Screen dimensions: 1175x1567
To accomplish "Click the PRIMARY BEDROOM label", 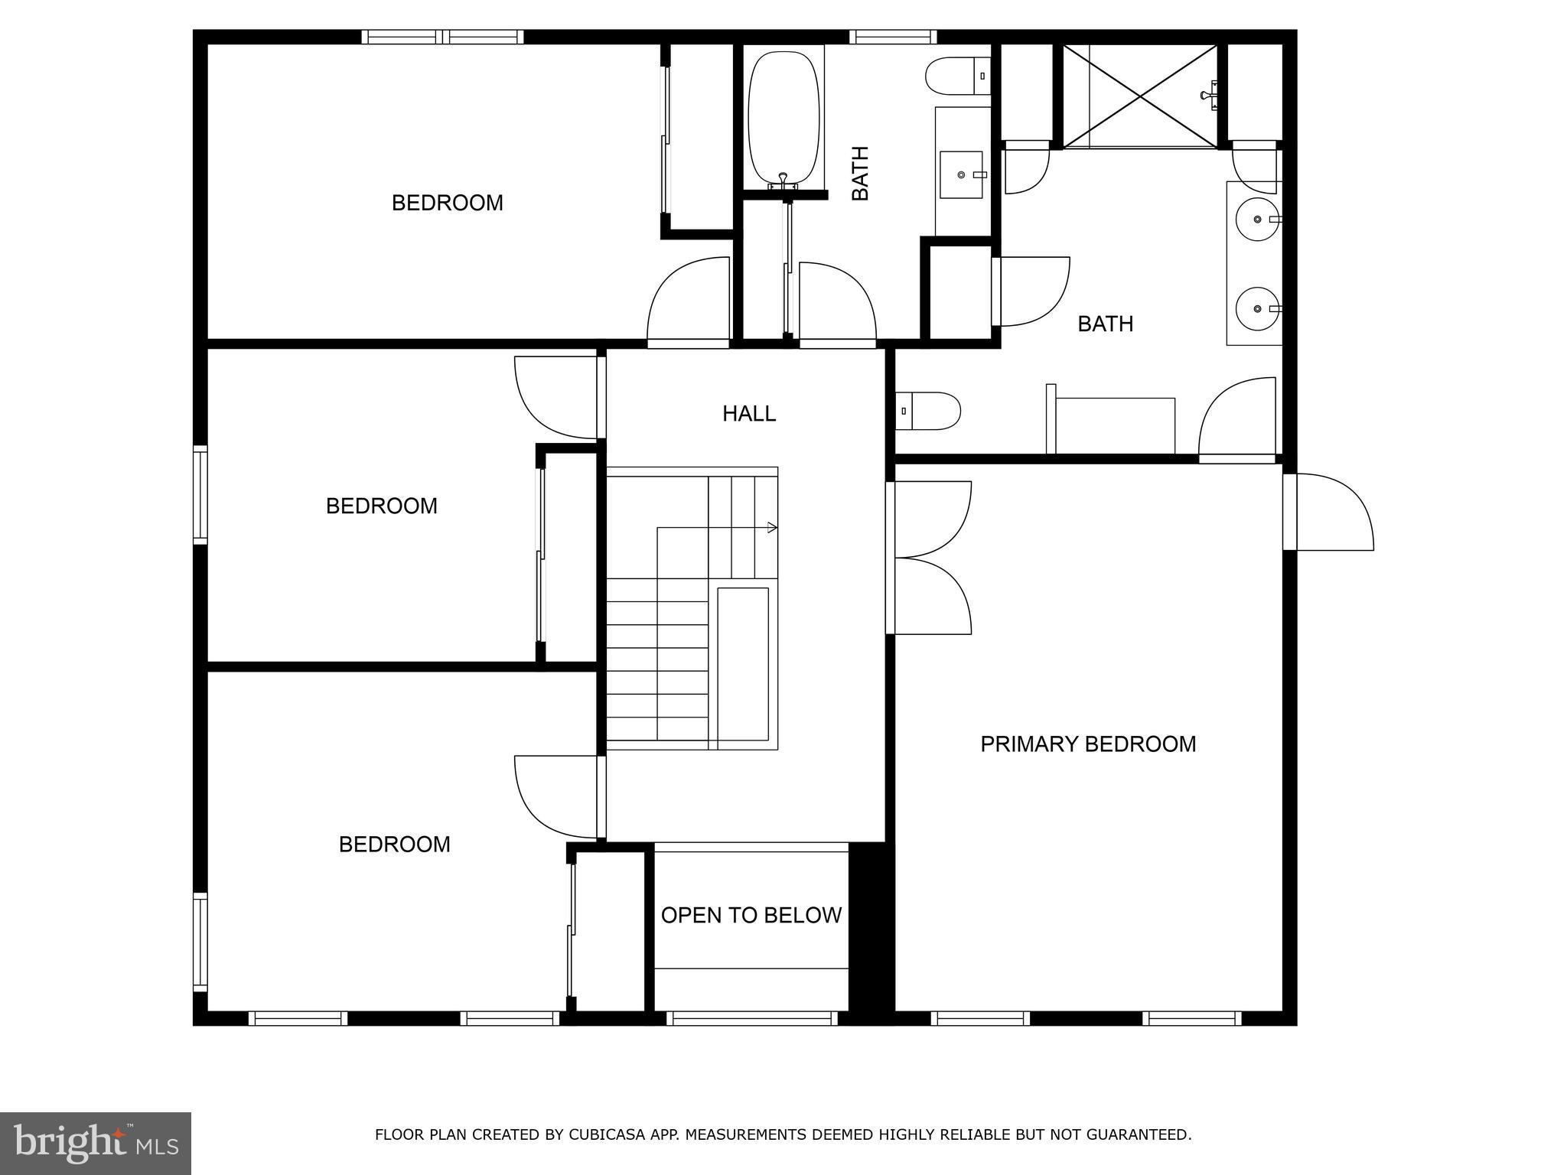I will [1087, 744].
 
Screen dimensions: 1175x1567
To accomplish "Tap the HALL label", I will [749, 414].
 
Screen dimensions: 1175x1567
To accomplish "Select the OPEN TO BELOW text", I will [751, 915].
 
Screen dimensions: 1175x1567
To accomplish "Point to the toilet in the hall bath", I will [956, 76].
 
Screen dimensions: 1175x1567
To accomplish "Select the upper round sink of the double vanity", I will [1256, 219].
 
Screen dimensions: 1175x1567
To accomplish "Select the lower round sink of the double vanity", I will [1256, 308].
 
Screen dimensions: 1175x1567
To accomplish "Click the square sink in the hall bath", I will [961, 175].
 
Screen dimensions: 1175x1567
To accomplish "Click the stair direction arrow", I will [772, 527].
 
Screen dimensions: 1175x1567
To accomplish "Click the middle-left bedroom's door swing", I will [555, 397].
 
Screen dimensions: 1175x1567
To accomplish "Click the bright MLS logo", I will [95, 1143].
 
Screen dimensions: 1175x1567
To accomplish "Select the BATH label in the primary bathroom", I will [1105, 324].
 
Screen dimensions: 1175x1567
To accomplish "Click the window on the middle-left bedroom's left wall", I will [200, 494].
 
